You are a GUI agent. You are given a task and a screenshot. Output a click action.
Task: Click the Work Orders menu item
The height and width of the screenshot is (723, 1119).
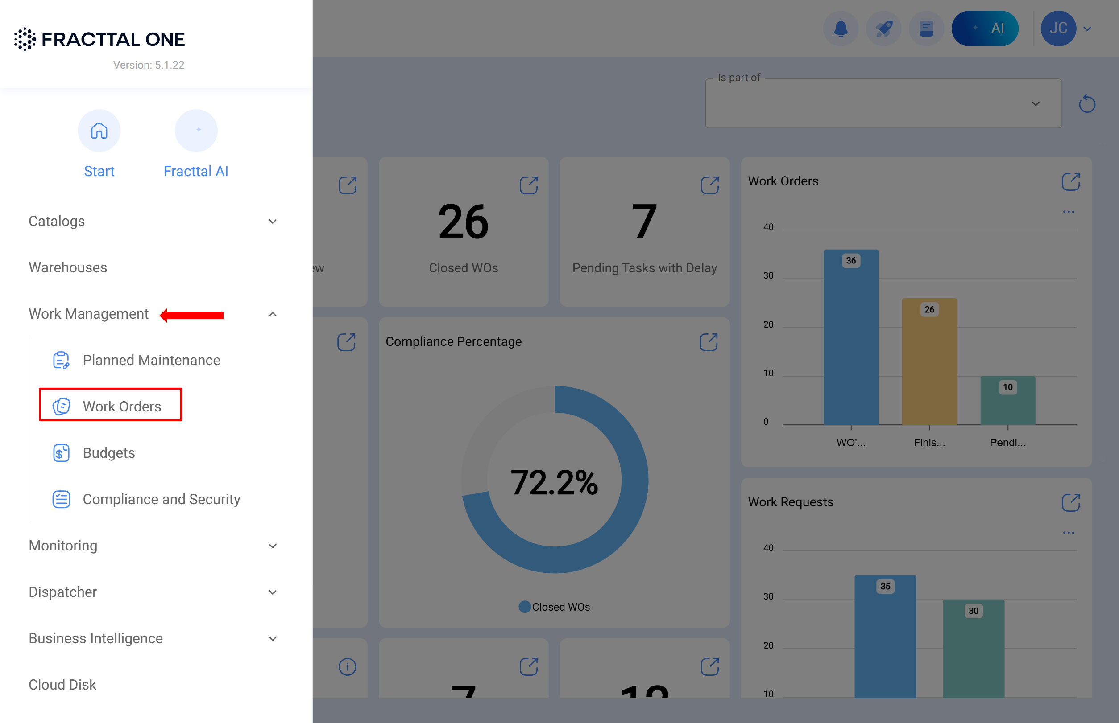(121, 406)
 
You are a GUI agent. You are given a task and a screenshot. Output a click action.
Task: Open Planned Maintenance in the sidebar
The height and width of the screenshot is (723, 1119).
(151, 360)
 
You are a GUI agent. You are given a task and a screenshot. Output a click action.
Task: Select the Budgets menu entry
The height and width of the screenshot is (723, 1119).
(108, 452)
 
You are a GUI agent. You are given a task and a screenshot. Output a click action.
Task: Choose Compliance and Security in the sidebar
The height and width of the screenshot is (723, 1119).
(161, 499)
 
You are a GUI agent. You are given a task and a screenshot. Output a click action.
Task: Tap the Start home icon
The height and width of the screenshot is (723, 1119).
(99, 131)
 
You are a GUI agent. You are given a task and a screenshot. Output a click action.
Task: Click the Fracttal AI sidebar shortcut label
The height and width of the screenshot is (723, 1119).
(195, 171)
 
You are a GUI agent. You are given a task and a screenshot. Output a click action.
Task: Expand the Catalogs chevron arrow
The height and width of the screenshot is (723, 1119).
(273, 221)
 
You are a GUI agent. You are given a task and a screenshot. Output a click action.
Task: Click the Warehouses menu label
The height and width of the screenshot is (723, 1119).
(68, 267)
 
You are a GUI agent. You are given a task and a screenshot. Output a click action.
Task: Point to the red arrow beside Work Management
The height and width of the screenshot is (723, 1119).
(192, 315)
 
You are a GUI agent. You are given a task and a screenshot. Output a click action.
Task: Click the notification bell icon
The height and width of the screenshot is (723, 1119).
(841, 29)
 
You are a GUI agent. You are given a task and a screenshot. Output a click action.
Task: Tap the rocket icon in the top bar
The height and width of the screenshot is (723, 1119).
(883, 29)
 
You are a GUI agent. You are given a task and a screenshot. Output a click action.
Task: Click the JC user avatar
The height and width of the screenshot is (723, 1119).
(1058, 29)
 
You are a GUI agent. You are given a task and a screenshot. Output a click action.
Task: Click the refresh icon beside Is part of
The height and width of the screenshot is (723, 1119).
(1086, 104)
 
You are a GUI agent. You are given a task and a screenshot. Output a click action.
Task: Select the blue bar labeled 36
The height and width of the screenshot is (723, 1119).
(851, 338)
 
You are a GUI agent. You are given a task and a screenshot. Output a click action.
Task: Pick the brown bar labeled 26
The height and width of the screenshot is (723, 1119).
(929, 361)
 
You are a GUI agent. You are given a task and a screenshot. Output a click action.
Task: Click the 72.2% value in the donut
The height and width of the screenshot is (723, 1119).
(554, 482)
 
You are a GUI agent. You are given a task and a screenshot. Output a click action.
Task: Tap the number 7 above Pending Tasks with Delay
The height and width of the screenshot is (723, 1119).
(644, 222)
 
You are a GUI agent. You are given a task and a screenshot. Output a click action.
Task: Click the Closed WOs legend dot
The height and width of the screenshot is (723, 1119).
(525, 607)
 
